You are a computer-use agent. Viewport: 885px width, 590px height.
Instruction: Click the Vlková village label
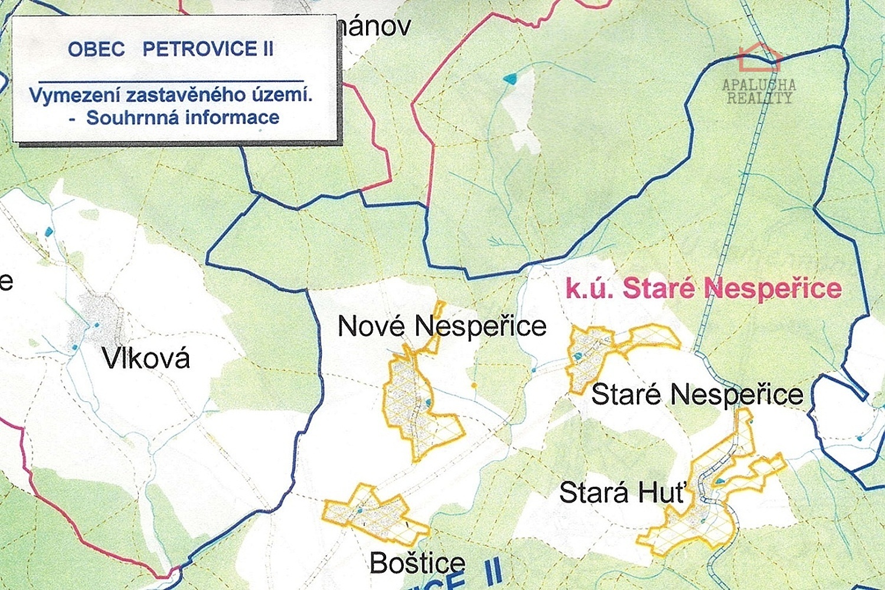coord(146,358)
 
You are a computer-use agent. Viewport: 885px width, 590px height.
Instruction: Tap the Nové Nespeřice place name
coord(442,326)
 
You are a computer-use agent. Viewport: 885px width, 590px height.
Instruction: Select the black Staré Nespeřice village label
coord(697,394)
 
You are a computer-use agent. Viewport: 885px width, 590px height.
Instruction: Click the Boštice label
coord(417,563)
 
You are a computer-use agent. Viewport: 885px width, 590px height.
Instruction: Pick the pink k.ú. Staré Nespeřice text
coord(703,289)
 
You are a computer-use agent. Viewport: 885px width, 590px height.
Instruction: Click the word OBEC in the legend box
coord(96,49)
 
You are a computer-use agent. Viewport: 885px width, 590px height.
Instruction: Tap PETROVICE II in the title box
coord(208,49)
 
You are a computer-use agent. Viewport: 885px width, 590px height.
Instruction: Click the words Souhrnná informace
coord(182,117)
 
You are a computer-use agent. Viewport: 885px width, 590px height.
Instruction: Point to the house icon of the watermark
coord(760,57)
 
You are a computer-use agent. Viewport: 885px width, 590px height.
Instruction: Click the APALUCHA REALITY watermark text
coord(759,91)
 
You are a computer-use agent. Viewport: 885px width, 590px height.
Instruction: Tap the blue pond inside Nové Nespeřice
coord(428,403)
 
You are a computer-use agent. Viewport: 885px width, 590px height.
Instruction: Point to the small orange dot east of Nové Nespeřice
coord(474,386)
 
